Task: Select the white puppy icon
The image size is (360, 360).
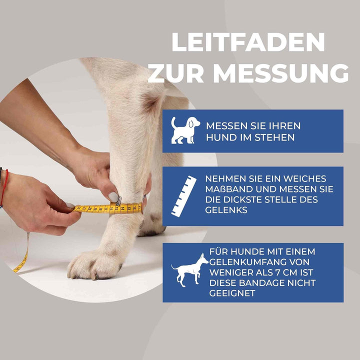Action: (x=184, y=130)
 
